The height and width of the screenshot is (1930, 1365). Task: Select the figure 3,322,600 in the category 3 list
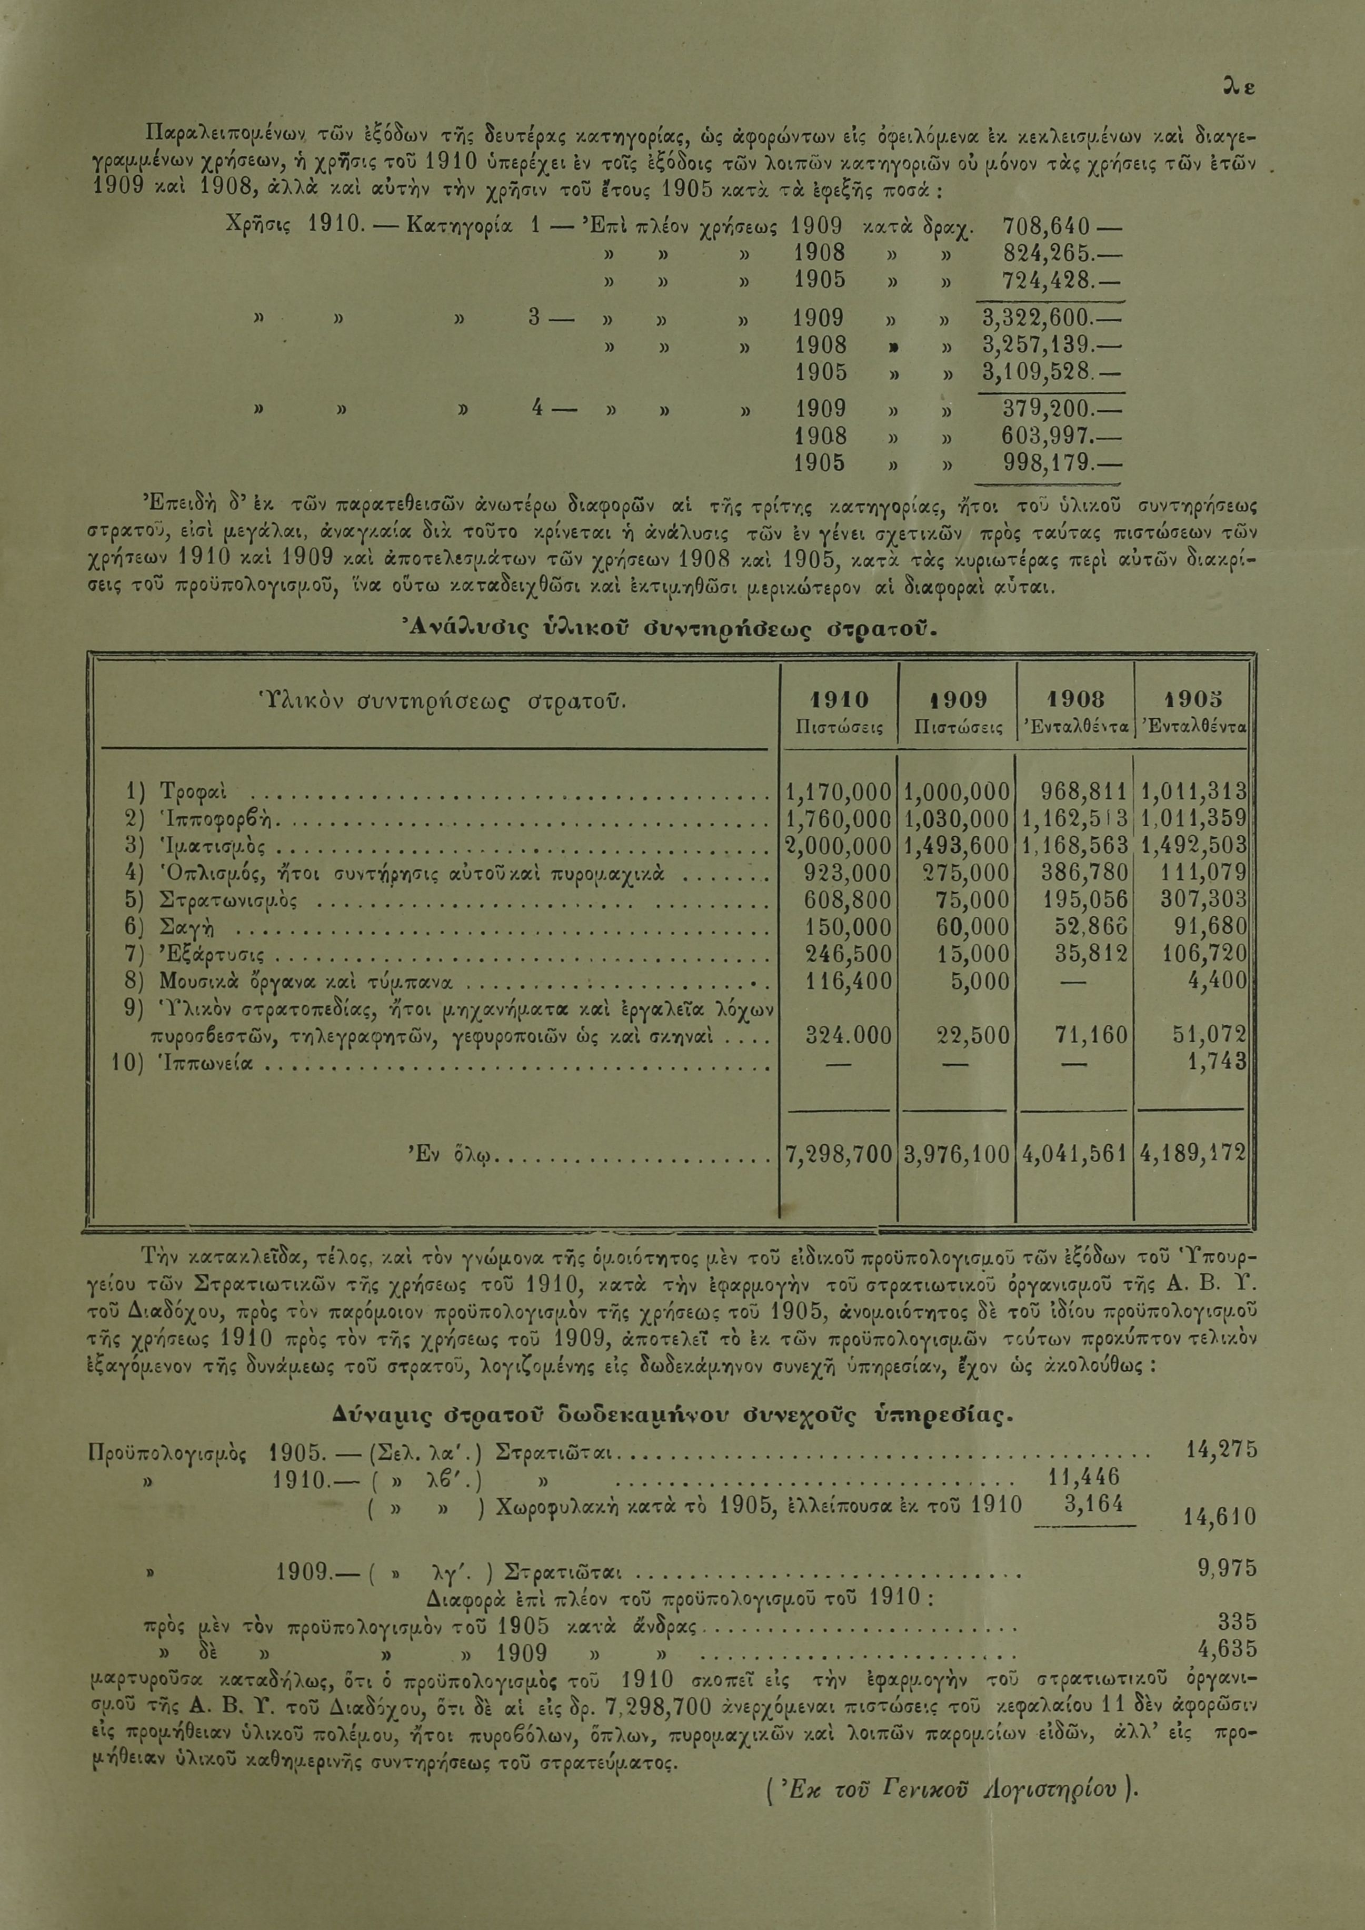1037,319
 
